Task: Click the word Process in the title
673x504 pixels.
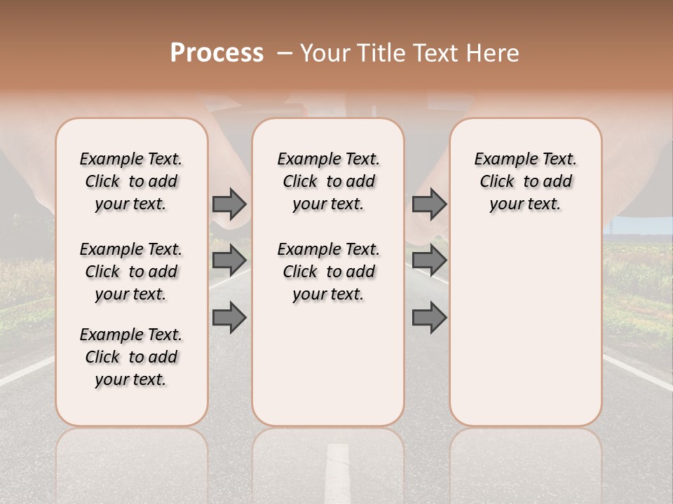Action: click(x=217, y=52)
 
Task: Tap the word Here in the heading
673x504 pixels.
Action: click(x=494, y=53)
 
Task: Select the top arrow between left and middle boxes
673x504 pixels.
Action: click(x=229, y=204)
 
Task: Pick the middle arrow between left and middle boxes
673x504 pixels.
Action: click(x=229, y=260)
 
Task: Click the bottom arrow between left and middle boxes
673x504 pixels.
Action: click(x=229, y=317)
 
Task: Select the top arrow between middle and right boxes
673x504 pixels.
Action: click(x=429, y=204)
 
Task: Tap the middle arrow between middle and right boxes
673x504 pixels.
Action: click(x=429, y=260)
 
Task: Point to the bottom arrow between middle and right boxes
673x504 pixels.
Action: click(x=429, y=317)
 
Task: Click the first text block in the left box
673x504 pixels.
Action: click(x=131, y=181)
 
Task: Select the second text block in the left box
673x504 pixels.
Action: click(x=131, y=272)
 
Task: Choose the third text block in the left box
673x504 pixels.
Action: click(x=131, y=357)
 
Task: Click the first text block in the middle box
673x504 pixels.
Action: click(x=328, y=181)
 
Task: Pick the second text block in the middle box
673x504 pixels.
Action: click(x=328, y=272)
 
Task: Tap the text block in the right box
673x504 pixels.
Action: click(x=525, y=181)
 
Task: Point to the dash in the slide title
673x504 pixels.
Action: click(x=285, y=53)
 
